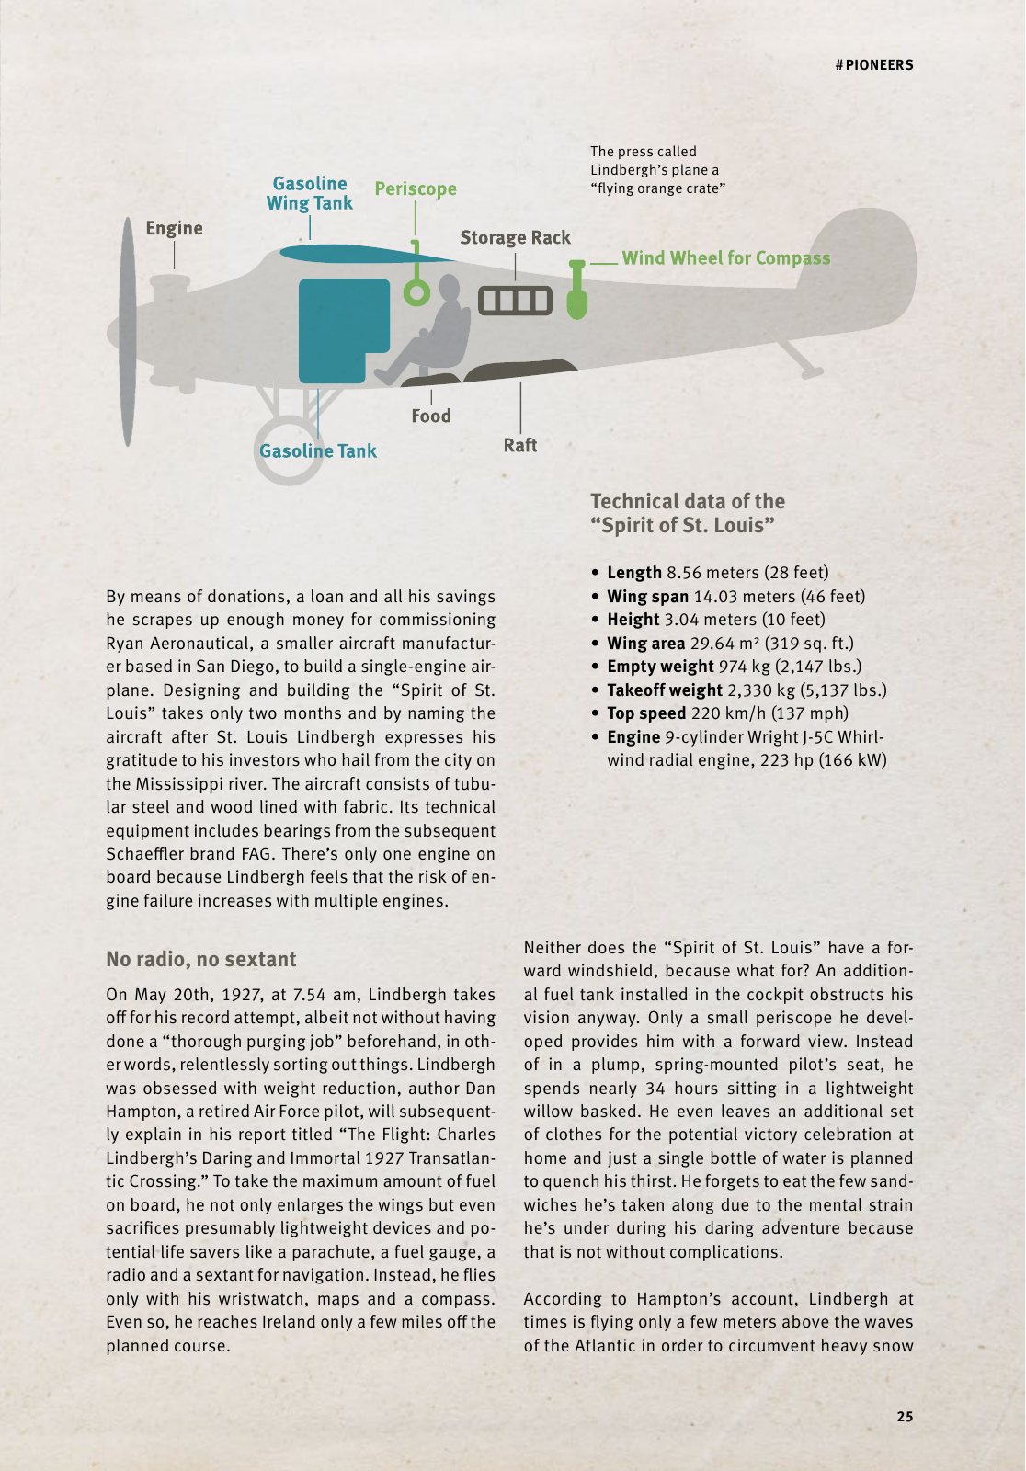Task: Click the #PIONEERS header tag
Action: coord(874,65)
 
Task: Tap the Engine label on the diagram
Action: coord(174,228)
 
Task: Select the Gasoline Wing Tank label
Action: coord(310,193)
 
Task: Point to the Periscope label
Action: coord(416,188)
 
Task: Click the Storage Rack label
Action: coord(515,238)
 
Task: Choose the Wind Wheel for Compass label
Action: coord(725,258)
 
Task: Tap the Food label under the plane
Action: coord(431,416)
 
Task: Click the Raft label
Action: coord(519,445)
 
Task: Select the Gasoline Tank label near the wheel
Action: coord(318,451)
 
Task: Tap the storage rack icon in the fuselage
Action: coord(515,301)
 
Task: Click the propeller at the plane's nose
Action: coord(128,331)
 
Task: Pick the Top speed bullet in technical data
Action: coord(727,713)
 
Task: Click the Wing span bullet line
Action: coord(735,597)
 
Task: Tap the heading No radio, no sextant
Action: coord(200,960)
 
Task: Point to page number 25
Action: coord(905,1417)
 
